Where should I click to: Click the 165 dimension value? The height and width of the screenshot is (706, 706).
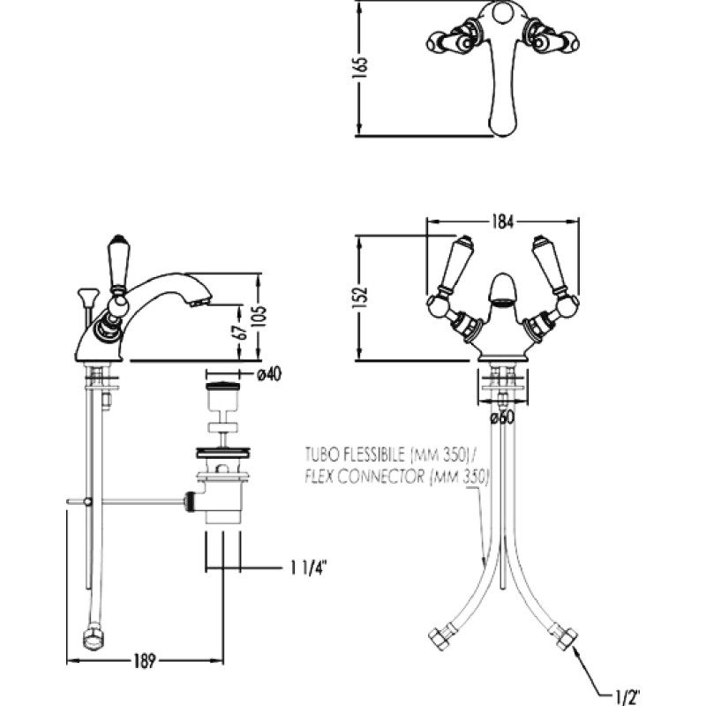[x=360, y=68]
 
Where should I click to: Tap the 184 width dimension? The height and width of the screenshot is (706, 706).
[x=503, y=222]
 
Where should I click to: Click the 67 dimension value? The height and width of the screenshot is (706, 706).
[x=242, y=332]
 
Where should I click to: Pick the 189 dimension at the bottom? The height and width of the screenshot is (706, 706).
[x=144, y=661]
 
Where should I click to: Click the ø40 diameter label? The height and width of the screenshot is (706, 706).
[x=268, y=373]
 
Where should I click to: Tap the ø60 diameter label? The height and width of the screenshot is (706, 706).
[x=502, y=417]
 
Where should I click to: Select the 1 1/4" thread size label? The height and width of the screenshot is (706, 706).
[x=307, y=568]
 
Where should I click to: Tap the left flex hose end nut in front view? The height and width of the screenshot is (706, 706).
[x=439, y=637]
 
